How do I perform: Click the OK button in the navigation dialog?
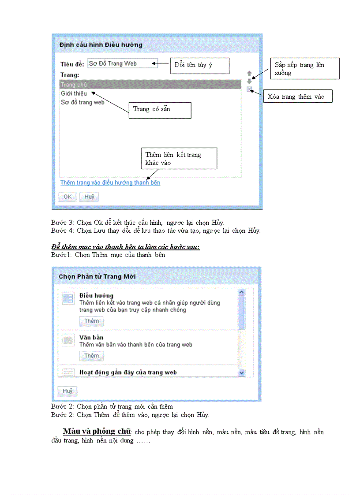(67, 197)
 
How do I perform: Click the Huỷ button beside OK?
(89, 197)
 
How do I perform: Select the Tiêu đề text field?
(122, 63)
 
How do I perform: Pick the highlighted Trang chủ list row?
(150, 84)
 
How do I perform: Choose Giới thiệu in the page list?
(74, 93)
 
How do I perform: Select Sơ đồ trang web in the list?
(82, 102)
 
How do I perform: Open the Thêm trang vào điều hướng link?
(110, 182)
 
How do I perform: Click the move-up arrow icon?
(249, 74)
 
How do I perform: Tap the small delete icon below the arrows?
(249, 89)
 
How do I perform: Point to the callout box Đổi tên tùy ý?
(200, 65)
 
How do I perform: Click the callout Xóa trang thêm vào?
(298, 96)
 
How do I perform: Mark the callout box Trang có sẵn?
(160, 110)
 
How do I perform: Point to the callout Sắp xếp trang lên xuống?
(305, 69)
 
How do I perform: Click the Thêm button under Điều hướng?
(91, 321)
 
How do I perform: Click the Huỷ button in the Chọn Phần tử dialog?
(67, 391)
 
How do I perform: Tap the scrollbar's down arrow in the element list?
(241, 373)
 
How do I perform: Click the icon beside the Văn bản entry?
(68, 340)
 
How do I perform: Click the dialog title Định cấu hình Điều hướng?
(101, 45)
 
